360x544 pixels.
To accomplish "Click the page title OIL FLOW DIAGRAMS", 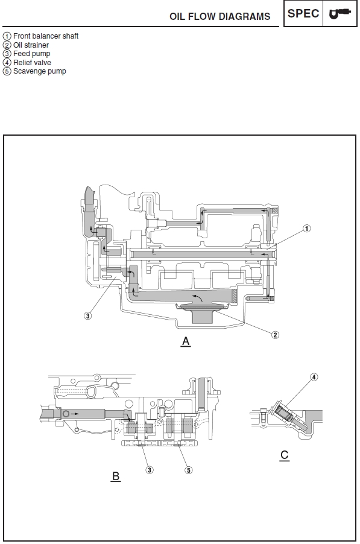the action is click(219, 16).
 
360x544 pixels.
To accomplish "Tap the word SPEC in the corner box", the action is click(303, 13).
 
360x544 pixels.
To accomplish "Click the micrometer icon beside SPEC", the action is click(340, 13).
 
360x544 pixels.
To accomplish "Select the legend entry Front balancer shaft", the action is click(40, 36).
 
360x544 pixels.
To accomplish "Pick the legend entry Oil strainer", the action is click(26, 45).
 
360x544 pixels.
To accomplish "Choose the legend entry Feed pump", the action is click(27, 54).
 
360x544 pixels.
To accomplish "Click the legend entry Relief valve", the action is click(27, 63).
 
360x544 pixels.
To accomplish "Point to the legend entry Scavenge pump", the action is click(34, 72).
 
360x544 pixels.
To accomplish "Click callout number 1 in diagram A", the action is click(306, 229).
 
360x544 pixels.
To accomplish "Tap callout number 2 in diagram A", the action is click(275, 335).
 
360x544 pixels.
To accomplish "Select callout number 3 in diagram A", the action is click(88, 315).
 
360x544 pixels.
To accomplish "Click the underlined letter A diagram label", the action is click(186, 342).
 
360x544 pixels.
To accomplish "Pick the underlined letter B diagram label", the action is click(116, 476).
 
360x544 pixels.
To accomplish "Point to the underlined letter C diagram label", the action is click(285, 455).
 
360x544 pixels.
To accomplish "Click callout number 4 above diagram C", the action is click(314, 377).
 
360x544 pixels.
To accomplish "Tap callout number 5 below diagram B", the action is click(188, 470).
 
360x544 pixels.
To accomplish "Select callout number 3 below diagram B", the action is click(150, 470).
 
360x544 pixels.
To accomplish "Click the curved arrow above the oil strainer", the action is click(197, 297).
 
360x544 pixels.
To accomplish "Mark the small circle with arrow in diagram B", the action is click(66, 414).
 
